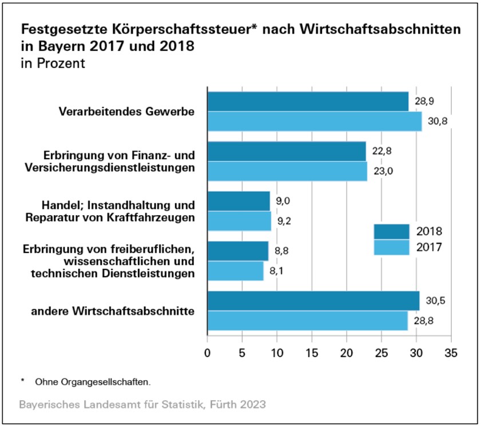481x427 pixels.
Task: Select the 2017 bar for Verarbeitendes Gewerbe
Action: (x=314, y=121)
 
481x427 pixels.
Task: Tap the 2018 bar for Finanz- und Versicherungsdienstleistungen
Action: (x=287, y=151)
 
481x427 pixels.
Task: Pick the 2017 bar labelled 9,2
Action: (x=238, y=221)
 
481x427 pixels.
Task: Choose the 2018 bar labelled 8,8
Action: (x=237, y=251)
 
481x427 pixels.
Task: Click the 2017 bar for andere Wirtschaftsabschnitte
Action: (x=307, y=321)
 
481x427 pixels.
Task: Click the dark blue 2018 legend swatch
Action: (x=391, y=231)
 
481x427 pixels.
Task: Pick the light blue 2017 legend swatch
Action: (x=391, y=247)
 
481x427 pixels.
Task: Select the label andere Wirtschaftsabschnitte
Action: (x=112, y=311)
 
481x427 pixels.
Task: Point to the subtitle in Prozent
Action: (x=53, y=63)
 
